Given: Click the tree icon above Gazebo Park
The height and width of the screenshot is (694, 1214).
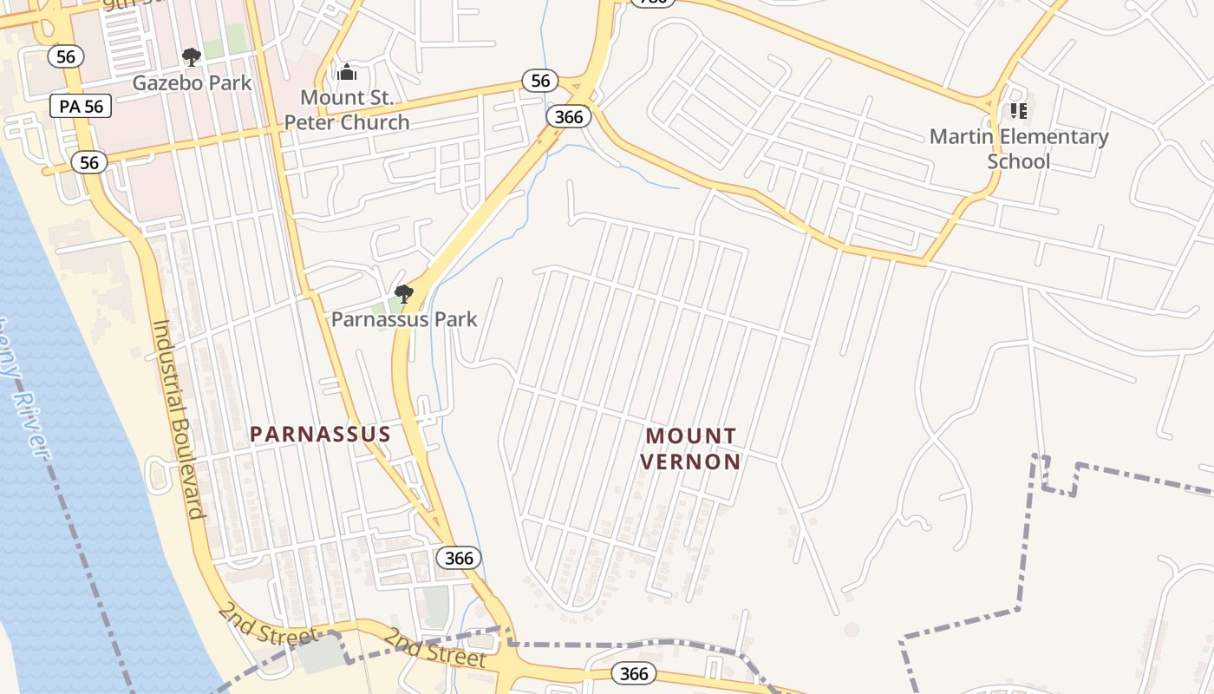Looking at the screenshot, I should [192, 58].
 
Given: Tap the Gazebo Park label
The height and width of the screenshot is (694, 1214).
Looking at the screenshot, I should [192, 83].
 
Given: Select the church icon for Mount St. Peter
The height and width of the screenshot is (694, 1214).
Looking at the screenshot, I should [347, 73].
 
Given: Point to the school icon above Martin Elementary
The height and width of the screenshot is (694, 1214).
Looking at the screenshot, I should [1018, 111].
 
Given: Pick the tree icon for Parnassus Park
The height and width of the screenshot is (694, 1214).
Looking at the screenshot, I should [403, 294].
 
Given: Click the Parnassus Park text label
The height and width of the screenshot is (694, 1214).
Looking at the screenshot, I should [404, 319].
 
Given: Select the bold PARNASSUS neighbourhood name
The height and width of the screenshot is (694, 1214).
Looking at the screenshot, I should [321, 434].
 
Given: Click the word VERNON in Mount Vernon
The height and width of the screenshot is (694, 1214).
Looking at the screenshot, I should [691, 462].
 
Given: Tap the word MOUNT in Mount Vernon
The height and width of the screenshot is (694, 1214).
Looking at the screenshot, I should [691, 435].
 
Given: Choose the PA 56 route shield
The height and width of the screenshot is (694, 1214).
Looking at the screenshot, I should [82, 107].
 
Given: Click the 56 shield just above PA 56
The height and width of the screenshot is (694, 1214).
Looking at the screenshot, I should [65, 57].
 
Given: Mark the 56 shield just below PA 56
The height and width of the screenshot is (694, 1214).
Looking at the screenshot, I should [89, 162].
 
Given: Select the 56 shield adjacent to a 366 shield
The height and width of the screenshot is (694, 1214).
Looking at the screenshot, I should [540, 82].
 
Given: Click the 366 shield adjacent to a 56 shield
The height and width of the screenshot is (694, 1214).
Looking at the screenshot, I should [569, 116].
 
